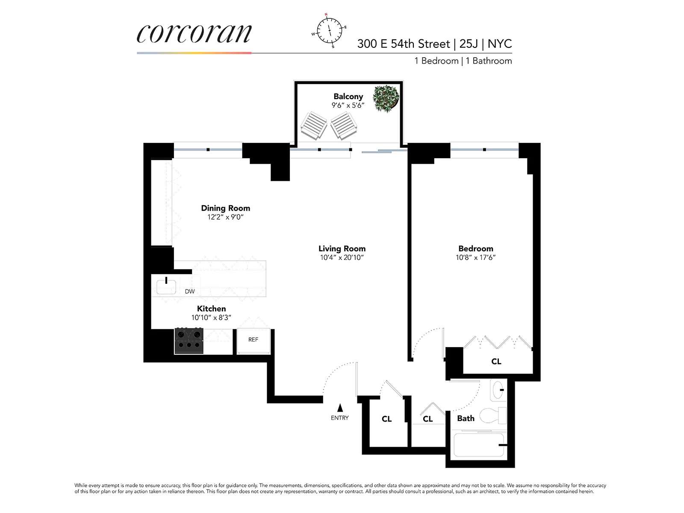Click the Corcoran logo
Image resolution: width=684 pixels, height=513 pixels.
pos(194,33)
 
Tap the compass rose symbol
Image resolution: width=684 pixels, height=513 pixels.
pos(329,30)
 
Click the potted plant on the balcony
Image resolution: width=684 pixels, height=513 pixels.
pos(386,98)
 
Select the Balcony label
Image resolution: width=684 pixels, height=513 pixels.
pos(348,97)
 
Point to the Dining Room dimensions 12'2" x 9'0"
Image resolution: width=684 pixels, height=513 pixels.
pos(225,217)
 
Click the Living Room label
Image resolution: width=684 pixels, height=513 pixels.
pos(342,248)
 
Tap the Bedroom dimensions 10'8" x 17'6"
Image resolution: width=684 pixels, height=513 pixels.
pos(475,257)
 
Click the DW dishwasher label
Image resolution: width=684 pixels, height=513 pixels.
pos(190,292)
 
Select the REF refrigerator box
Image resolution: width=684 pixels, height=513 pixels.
pos(253,341)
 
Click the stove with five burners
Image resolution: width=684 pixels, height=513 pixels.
pos(189,340)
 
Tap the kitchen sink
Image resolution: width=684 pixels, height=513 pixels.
pos(166,286)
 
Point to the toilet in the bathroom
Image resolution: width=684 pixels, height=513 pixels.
pos(492,415)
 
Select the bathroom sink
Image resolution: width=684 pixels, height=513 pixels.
pos(498,390)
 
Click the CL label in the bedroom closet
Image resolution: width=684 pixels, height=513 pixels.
pos(496,362)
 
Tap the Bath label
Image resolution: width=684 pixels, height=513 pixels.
pos(466,419)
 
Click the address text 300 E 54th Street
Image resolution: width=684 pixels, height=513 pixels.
pos(404,44)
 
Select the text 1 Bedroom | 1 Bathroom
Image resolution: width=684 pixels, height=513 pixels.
pos(463,61)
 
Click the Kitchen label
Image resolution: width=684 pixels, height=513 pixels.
pos(211,309)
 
